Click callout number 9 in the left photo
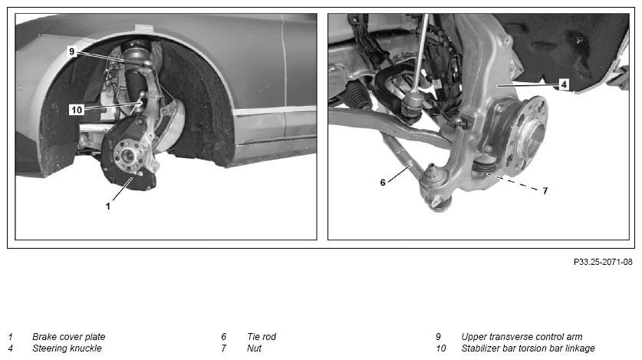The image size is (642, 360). click(72, 51)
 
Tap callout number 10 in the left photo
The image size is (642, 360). click(77, 110)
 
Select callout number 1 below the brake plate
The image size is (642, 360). click(108, 206)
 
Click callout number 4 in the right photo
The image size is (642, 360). click(564, 84)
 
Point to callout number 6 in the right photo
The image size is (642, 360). click(383, 182)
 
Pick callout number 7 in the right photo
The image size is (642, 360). click(545, 191)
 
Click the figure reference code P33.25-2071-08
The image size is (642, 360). click(603, 262)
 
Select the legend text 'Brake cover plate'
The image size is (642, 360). click(69, 337)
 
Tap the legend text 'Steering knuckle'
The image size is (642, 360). click(67, 348)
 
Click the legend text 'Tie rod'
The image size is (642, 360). click(262, 337)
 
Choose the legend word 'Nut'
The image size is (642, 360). click(254, 348)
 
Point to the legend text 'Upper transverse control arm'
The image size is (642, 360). click(522, 337)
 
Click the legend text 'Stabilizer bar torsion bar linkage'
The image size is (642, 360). click(528, 348)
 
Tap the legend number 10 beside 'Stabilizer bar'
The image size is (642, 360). click(440, 348)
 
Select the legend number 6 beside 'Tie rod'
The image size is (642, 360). click(223, 337)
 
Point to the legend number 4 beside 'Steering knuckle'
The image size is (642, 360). click(10, 348)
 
